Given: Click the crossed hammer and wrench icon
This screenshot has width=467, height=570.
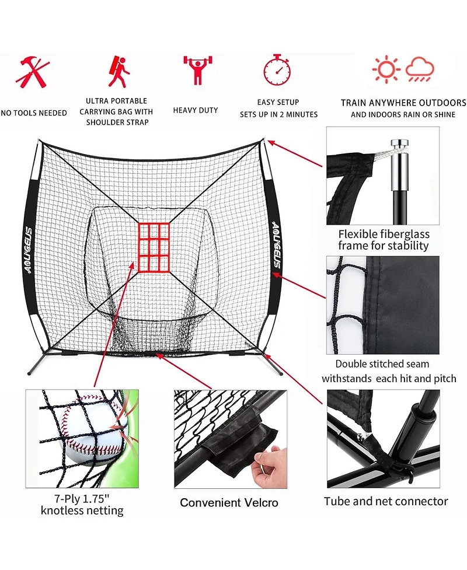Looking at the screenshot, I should pos(33,72).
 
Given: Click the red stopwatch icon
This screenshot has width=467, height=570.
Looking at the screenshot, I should pos(277,69).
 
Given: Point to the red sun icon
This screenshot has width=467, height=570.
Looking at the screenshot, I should pos(385,69).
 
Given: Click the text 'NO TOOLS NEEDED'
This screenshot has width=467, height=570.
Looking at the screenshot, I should pos(34,113).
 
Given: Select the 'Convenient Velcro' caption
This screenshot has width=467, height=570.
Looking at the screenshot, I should pos(229,502).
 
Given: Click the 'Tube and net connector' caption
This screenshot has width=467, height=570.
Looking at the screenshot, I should pos(386,501).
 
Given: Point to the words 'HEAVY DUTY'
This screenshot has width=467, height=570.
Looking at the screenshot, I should pos(196,110).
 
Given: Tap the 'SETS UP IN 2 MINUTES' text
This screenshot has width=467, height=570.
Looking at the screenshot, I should pos(278,114).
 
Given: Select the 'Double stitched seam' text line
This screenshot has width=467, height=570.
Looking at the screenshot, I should pos(382,364).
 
